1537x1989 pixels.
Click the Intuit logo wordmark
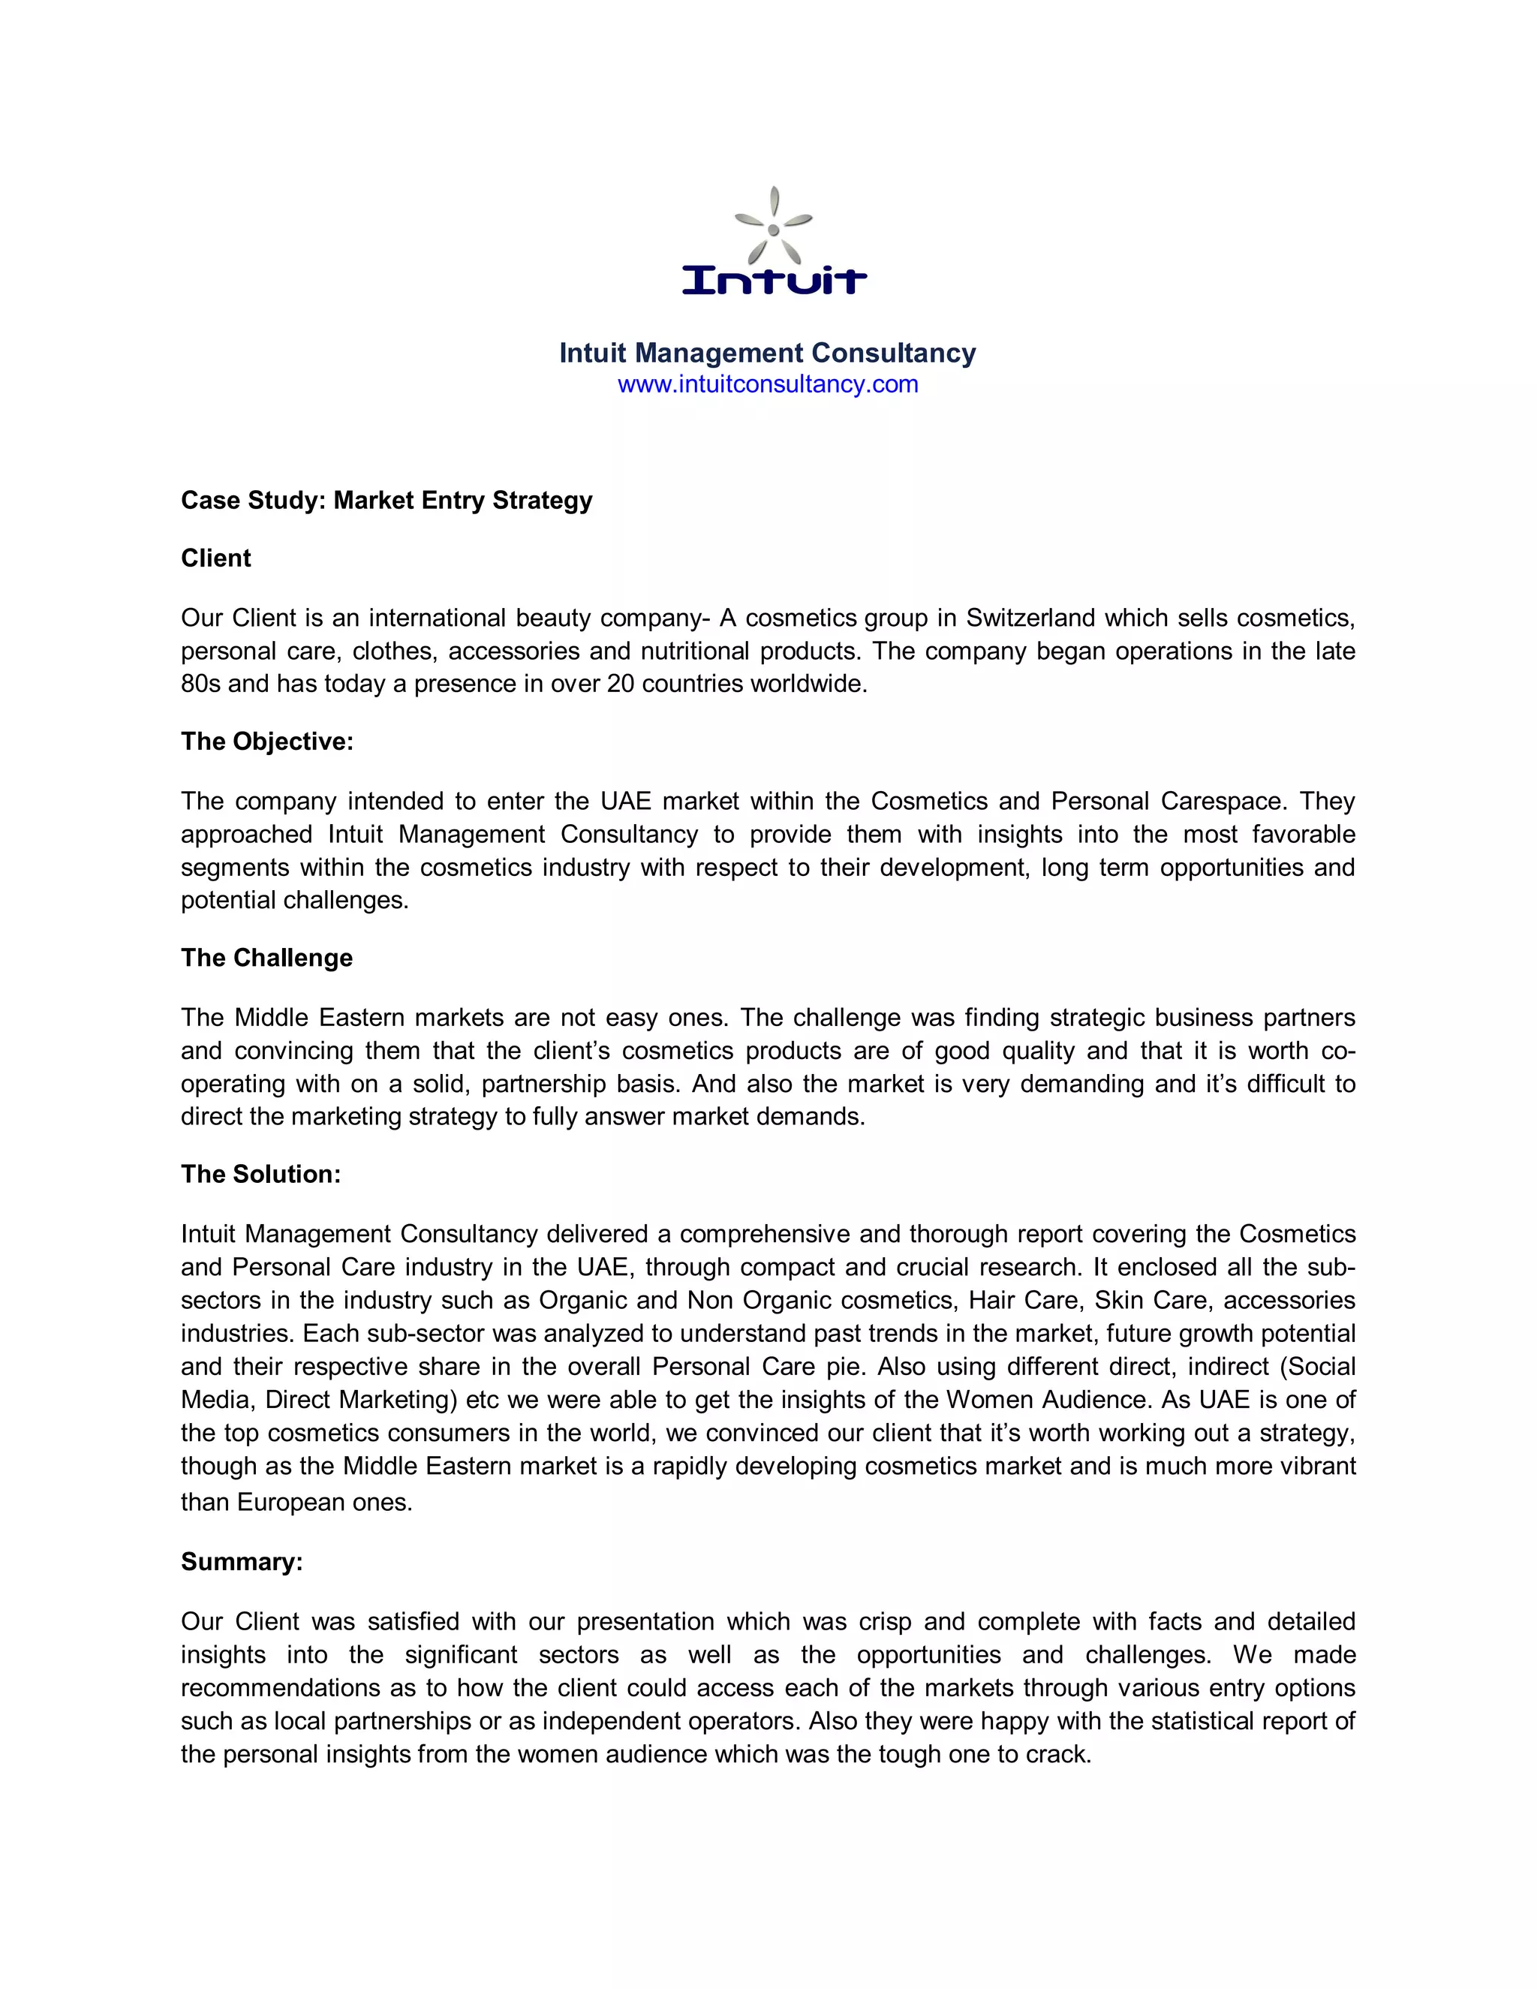click(774, 280)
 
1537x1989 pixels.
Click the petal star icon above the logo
click(773, 227)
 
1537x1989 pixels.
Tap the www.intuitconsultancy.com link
click(768, 384)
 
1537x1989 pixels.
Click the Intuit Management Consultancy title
click(768, 353)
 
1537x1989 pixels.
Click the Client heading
click(216, 558)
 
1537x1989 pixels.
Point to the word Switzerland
click(1030, 618)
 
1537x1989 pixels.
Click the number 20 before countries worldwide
click(620, 684)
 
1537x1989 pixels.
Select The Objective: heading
click(266, 742)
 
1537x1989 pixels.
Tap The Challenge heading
click(266, 958)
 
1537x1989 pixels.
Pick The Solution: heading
click(260, 1174)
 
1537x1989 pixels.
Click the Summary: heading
click(242, 1562)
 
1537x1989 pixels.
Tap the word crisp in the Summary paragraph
click(884, 1622)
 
